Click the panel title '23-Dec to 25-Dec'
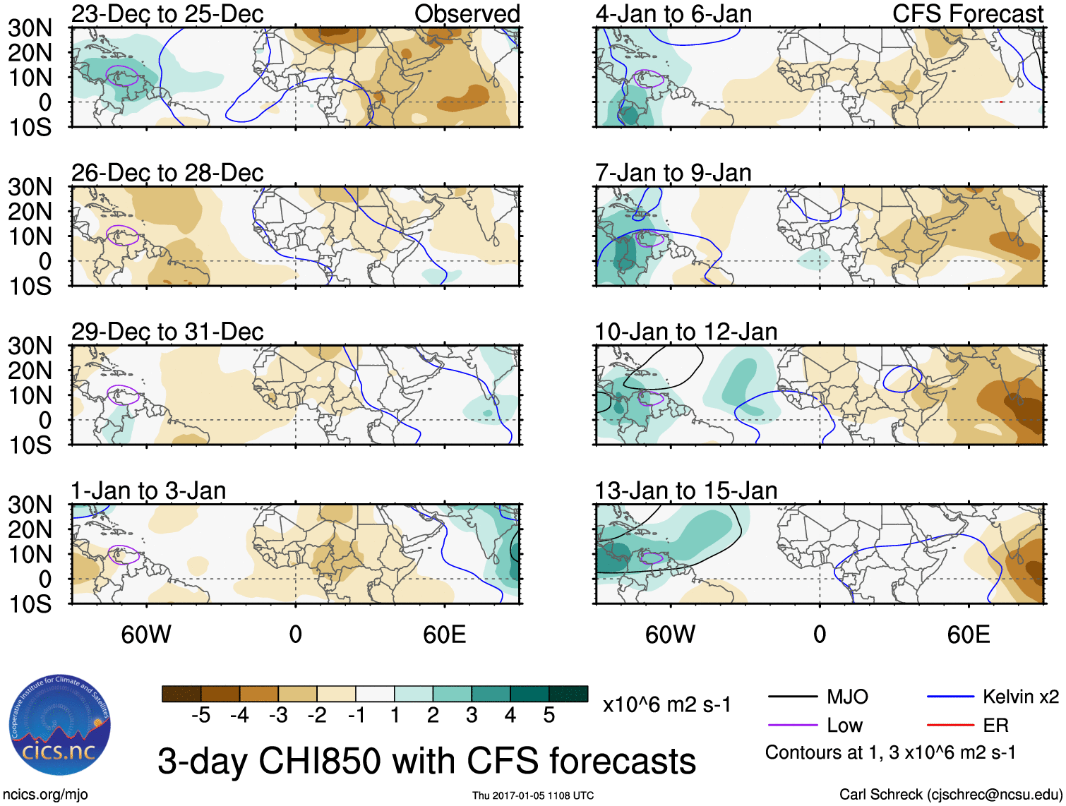167,13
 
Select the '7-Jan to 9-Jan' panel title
673,173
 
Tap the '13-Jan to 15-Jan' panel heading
685,491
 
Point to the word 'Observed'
467,13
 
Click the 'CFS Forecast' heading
967,13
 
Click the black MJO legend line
792,697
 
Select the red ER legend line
950,725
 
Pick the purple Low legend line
792,725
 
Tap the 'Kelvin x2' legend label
1020,697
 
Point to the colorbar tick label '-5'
201,716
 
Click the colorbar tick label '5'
549,716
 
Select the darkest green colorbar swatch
568,694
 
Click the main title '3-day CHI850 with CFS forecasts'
426,761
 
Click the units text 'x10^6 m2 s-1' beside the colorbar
666,705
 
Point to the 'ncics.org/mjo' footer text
45,795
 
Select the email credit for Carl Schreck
950,795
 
